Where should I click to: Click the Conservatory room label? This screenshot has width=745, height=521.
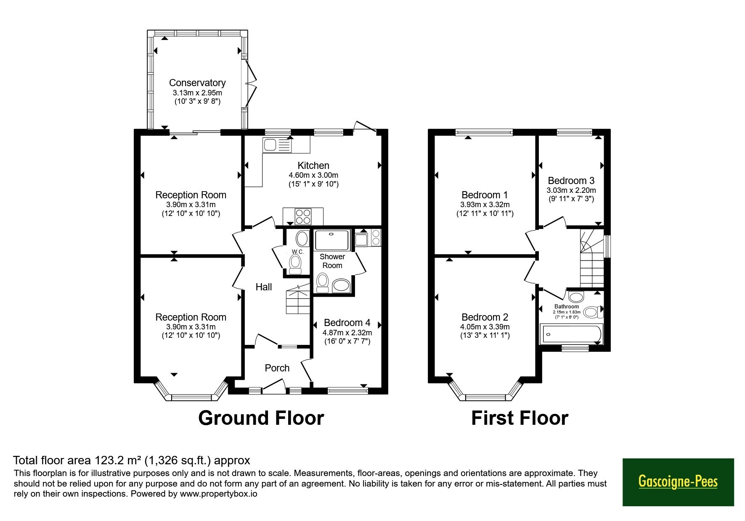pos(197,83)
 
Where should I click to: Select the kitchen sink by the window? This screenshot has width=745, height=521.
pos(276,145)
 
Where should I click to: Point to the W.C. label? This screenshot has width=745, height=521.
pos(298,252)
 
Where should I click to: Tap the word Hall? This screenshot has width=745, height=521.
pos(264,287)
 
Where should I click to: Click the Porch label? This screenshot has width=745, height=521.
pos(277,368)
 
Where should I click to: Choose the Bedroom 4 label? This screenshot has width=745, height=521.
pos(347,323)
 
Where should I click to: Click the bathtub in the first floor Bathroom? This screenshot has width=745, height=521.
pos(571,334)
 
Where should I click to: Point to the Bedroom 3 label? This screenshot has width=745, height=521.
pos(571,181)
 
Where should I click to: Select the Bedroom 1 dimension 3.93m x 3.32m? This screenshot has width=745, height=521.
pos(485,205)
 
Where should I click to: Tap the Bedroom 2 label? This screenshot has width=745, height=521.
pos(485,317)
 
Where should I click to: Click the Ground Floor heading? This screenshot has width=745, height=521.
pos(261,418)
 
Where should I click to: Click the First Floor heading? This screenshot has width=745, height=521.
pos(520,418)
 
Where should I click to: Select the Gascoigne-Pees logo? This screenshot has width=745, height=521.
pos(678,482)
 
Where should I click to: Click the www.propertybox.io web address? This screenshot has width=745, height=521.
pos(218,494)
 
